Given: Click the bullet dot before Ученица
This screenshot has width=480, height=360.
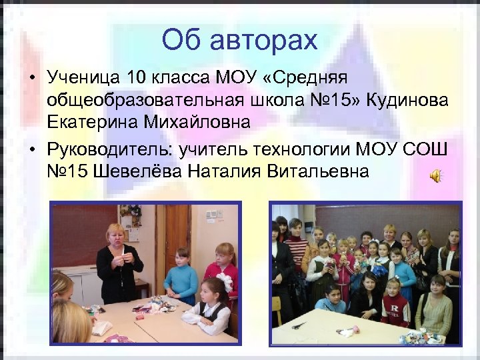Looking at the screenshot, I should tap(31, 77).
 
